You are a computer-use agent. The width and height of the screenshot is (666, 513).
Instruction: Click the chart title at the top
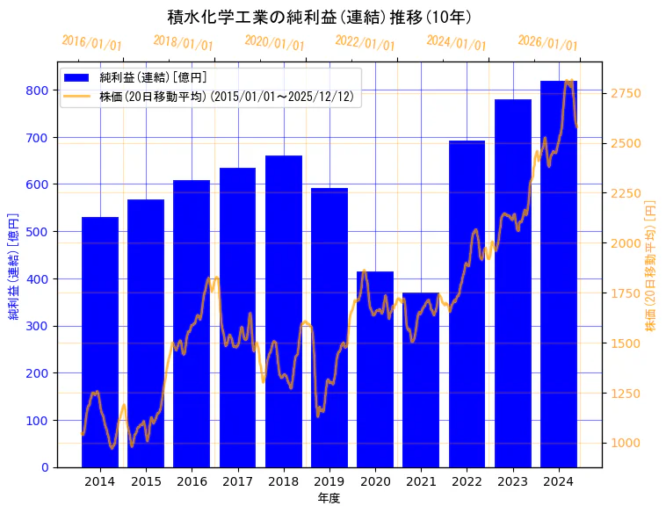[x=321, y=17]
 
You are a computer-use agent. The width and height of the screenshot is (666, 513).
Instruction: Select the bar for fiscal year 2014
[x=100, y=342]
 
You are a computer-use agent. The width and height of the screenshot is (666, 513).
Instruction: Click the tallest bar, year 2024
[x=559, y=273]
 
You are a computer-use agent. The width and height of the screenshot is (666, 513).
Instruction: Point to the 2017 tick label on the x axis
[x=237, y=480]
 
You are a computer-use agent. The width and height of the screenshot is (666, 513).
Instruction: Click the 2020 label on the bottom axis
[x=375, y=480]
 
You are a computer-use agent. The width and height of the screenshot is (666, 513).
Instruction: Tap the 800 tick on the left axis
[x=37, y=90]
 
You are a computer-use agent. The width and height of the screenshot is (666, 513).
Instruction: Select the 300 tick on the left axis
[x=37, y=326]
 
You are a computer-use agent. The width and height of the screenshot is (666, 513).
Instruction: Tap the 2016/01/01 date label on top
[x=91, y=43]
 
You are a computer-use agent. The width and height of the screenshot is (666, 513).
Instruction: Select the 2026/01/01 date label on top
[x=547, y=43]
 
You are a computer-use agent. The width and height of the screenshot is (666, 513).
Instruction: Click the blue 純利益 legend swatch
[x=77, y=78]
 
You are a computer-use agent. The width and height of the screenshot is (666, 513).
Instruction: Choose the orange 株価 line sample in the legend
[x=77, y=97]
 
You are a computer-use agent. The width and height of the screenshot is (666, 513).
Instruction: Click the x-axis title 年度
[x=329, y=497]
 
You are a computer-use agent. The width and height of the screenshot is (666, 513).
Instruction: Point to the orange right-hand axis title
[x=651, y=264]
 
